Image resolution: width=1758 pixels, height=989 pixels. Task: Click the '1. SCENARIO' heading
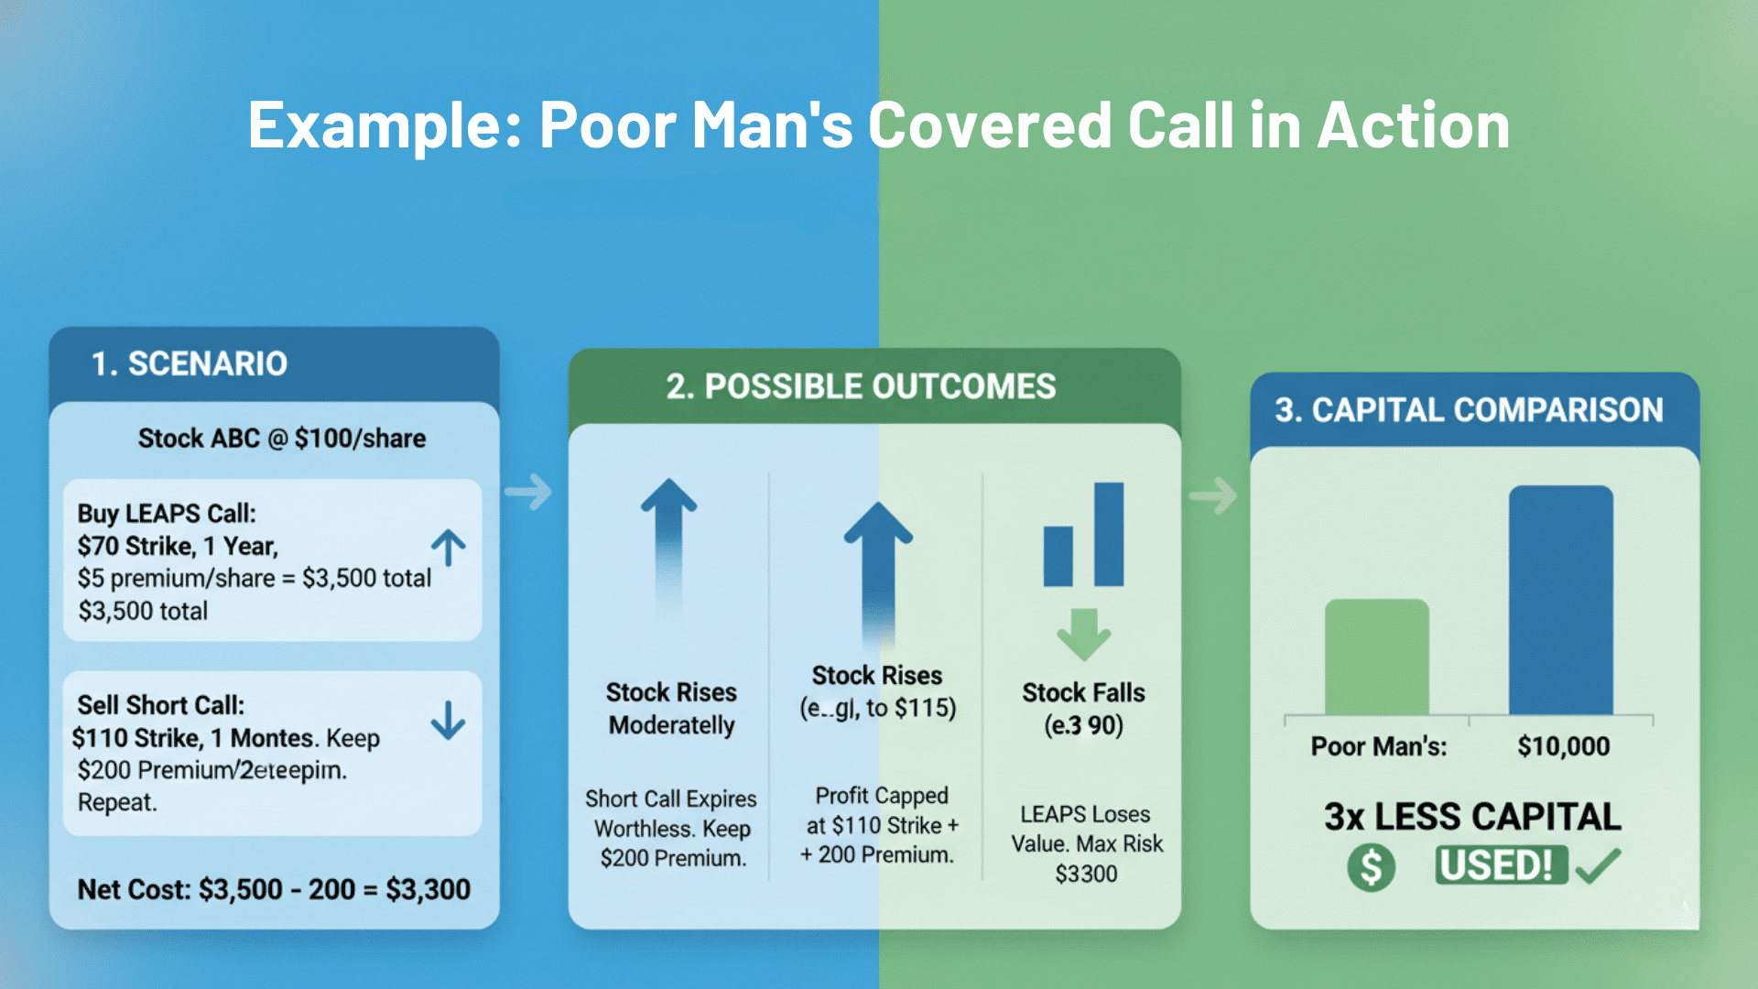[190, 364]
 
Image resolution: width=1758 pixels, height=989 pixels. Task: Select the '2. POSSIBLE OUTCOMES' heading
[861, 386]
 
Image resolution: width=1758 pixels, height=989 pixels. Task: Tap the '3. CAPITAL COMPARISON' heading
[1469, 409]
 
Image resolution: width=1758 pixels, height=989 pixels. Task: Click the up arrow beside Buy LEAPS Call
[449, 548]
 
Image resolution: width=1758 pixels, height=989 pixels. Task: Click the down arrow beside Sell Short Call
[449, 720]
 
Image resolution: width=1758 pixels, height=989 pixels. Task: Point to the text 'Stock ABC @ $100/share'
[282, 438]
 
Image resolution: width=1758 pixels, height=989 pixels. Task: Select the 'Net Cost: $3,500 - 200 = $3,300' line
[274, 888]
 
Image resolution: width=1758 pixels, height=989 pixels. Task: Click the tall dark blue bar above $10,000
[1561, 600]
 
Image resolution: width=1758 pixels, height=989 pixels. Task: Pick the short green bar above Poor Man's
[1376, 657]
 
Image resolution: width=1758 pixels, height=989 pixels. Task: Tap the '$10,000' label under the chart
[1563, 745]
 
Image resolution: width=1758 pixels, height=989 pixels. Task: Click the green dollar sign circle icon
[1371, 866]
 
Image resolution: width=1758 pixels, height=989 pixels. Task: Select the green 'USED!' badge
[1501, 865]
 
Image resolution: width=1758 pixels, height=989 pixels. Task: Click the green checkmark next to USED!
[1599, 865]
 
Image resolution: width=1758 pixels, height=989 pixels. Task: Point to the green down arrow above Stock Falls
[1084, 634]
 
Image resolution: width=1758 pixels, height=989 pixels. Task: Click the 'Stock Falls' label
[1083, 692]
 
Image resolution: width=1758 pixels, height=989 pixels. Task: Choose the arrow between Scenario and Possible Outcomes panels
[529, 492]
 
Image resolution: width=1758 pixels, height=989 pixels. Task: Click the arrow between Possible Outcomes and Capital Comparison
[1213, 495]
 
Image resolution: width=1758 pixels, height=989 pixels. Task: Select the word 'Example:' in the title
[384, 125]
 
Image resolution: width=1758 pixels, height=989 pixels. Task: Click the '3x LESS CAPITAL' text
[1472, 816]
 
